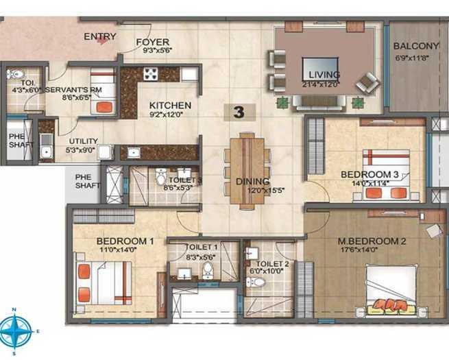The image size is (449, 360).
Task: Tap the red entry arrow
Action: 102,40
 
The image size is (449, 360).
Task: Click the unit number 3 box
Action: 239,112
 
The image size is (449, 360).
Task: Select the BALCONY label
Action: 415,46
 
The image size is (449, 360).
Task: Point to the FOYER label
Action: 152,40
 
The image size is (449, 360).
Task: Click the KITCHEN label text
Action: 170,105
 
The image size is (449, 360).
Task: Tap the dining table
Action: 246,171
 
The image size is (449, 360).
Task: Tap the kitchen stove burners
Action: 151,73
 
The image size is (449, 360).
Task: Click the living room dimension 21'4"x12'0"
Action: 324,84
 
